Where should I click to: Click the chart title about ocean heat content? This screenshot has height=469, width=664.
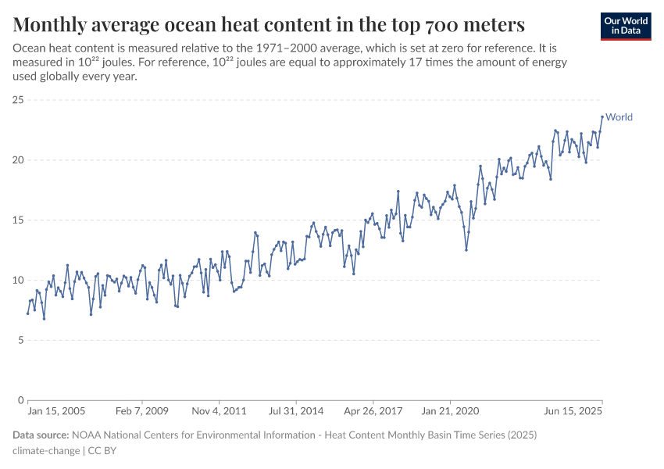pyautogui.click(x=269, y=23)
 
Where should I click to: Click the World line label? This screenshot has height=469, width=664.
pyautogui.click(x=619, y=117)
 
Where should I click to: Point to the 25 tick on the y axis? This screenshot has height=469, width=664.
pyautogui.click(x=16, y=100)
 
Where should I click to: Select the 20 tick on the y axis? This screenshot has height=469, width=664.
pyautogui.click(x=16, y=160)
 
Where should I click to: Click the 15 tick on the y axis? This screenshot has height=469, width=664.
pyautogui.click(x=16, y=220)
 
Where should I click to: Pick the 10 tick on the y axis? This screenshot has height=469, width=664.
pyautogui.click(x=16, y=280)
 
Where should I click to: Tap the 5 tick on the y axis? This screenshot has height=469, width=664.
pyautogui.click(x=19, y=340)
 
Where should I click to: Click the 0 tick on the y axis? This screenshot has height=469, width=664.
pyautogui.click(x=19, y=400)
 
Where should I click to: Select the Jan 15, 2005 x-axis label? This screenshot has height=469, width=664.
pyautogui.click(x=56, y=410)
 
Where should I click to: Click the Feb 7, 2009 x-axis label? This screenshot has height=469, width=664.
pyautogui.click(x=141, y=410)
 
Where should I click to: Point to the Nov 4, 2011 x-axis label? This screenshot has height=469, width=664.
pyautogui.click(x=219, y=410)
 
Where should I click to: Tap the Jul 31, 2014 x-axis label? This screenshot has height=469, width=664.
pyautogui.click(x=296, y=410)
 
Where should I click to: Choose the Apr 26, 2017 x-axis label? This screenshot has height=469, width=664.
pyautogui.click(x=373, y=410)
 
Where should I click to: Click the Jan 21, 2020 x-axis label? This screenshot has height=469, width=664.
pyautogui.click(x=451, y=410)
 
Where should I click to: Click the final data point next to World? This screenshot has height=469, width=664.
pyautogui.click(x=602, y=117)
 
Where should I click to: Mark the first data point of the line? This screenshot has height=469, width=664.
pyautogui.click(x=28, y=313)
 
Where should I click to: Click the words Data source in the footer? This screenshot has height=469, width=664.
pyautogui.click(x=41, y=435)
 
